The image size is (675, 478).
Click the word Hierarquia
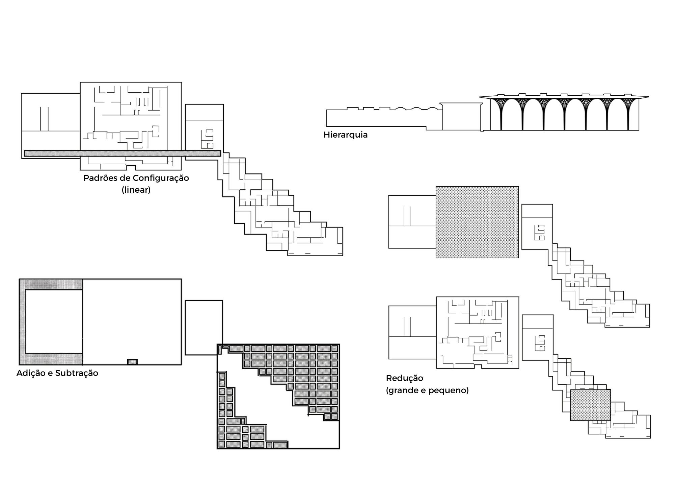click(x=345, y=135)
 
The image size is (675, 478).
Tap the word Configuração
click(x=161, y=178)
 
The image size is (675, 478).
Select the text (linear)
click(x=136, y=190)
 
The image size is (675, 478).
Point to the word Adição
click(x=31, y=373)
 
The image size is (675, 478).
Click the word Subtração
click(x=77, y=373)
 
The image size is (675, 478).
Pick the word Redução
click(x=404, y=378)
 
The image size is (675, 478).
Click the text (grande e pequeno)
click(x=427, y=390)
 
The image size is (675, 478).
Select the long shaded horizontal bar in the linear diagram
click(x=122, y=153)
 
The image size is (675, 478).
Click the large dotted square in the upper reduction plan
click(x=477, y=222)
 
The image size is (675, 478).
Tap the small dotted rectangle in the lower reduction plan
click(x=590, y=405)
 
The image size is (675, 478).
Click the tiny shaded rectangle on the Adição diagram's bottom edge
click(x=132, y=362)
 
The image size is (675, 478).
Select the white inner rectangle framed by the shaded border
click(x=54, y=321)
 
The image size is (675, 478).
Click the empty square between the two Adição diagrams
click(x=204, y=327)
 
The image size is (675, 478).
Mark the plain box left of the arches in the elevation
click(x=461, y=116)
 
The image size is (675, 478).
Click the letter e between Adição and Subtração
click(x=50, y=373)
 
